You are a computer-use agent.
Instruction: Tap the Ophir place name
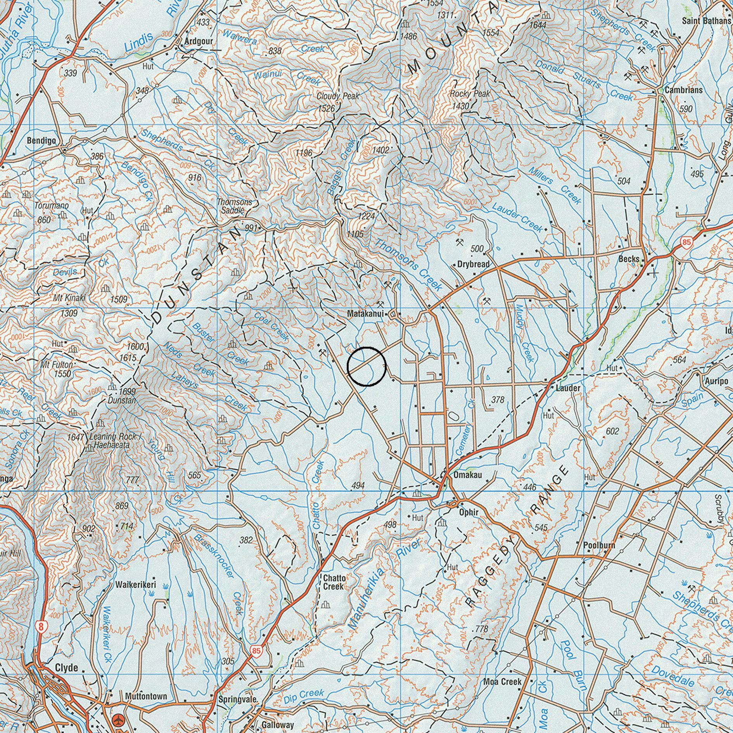tap(469, 512)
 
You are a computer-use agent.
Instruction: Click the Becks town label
tap(629, 259)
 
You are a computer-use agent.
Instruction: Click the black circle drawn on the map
tap(366, 366)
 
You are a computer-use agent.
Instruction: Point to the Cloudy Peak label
tap(338, 96)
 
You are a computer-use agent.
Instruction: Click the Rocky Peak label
tap(470, 94)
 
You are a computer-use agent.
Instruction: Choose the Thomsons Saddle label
tap(234, 206)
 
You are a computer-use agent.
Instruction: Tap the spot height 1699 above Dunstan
tap(127, 391)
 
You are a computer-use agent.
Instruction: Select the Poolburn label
tap(599, 545)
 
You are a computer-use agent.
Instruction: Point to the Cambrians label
tap(683, 90)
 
